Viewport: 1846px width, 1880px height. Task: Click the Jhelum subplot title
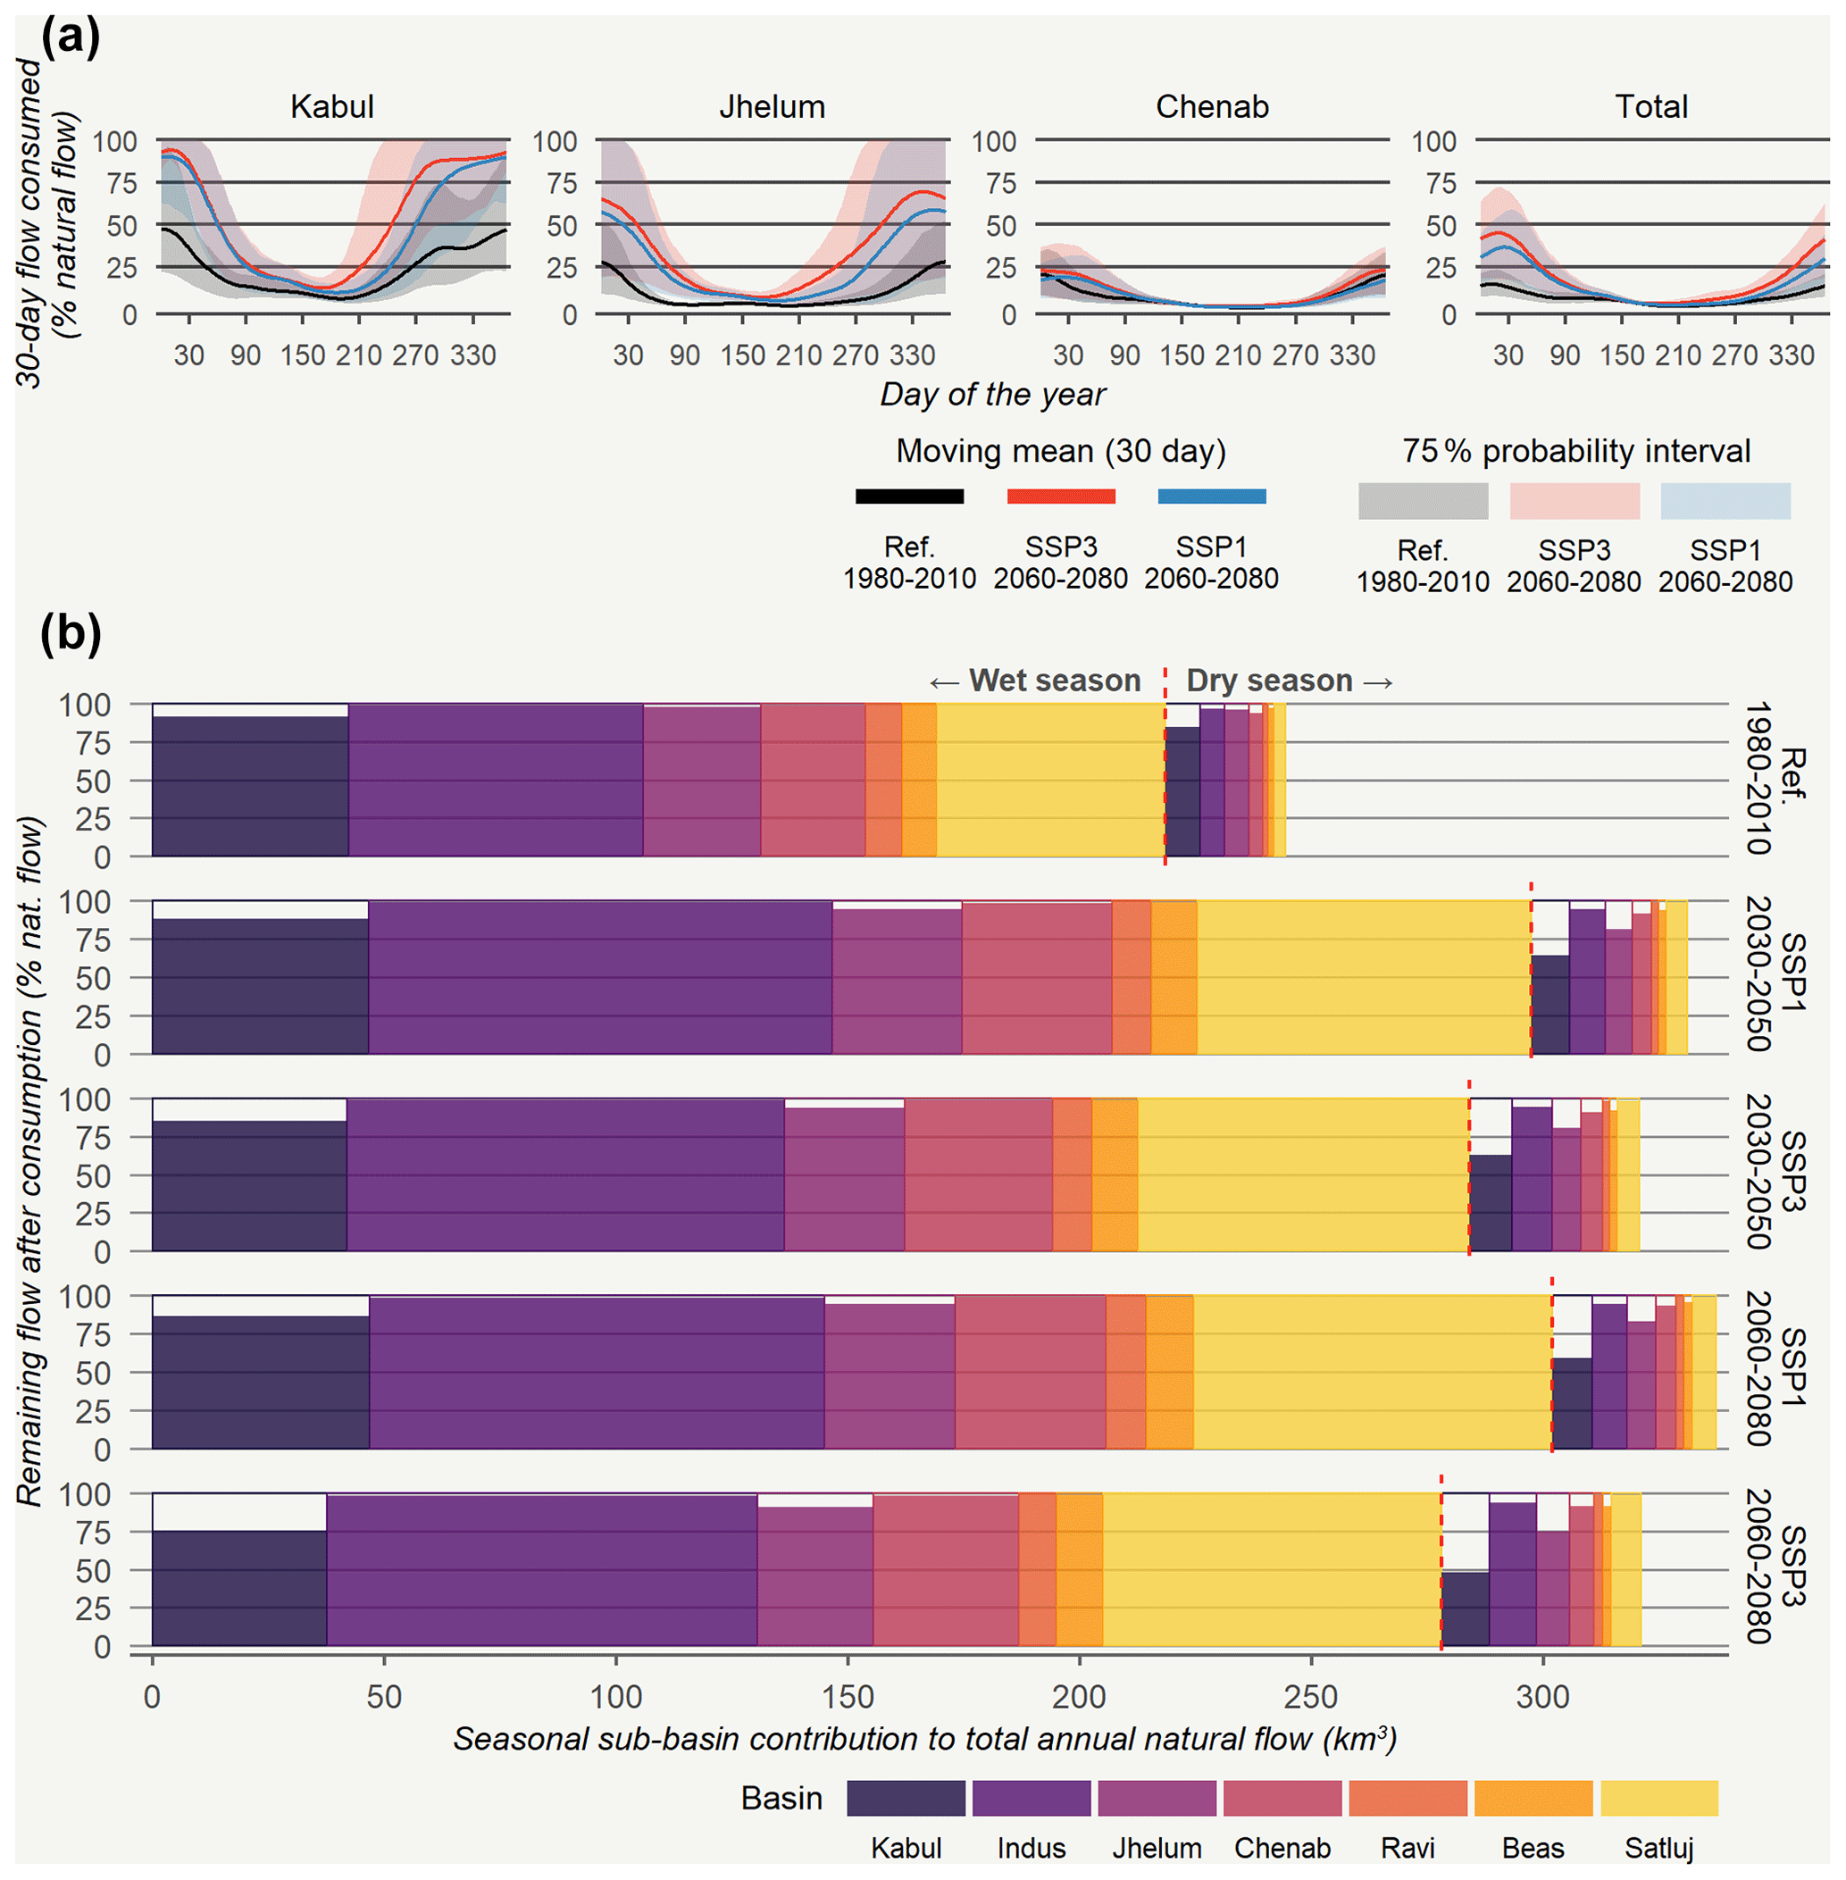[772, 106]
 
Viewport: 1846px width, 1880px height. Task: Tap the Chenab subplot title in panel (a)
[1212, 106]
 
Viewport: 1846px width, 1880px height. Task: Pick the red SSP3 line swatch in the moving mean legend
[1061, 497]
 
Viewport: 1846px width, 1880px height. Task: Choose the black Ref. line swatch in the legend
[909, 497]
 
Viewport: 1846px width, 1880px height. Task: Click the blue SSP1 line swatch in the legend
[1212, 497]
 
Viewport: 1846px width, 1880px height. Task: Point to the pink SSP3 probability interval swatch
[1575, 501]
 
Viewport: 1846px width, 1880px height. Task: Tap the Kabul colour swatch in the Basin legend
[906, 1798]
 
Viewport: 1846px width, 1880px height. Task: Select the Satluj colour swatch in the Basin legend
[1658, 1798]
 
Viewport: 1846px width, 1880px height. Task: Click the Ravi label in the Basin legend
[1407, 1848]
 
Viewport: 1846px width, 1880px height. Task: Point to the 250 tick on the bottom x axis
[1311, 1697]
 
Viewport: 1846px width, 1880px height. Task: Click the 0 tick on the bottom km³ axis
[152, 1697]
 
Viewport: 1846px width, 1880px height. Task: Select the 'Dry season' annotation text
[1269, 681]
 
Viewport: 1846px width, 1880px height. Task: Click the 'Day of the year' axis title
[992, 395]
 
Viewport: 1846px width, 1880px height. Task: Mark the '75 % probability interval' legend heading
[1575, 451]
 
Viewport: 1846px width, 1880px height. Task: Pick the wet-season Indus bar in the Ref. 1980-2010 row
[496, 781]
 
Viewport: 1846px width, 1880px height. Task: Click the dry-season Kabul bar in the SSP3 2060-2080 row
[1465, 1608]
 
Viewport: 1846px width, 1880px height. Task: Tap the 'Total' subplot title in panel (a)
[1651, 106]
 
